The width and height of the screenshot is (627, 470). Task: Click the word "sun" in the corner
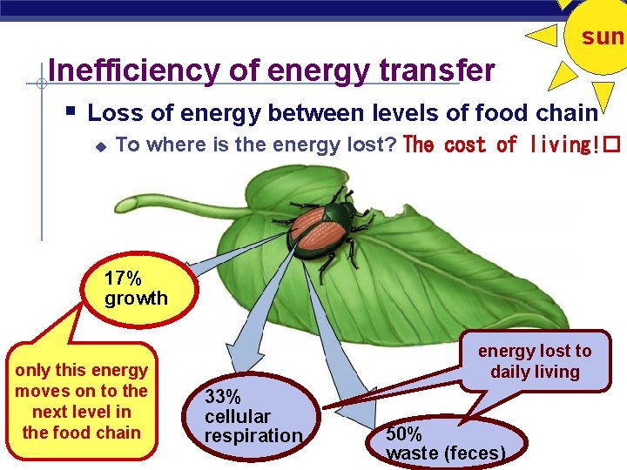coord(603,37)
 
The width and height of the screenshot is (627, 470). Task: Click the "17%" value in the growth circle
coord(122,279)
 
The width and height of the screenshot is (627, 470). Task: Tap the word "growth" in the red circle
coord(136,299)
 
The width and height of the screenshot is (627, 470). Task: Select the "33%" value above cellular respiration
coord(223,397)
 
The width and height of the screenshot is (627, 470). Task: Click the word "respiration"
coord(253,436)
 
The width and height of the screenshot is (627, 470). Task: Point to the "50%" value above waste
coord(404,433)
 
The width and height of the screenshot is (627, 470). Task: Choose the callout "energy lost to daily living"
coord(534,361)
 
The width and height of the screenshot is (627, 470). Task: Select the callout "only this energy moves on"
coord(81,401)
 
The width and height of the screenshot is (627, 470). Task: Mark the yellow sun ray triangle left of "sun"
coord(543,36)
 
